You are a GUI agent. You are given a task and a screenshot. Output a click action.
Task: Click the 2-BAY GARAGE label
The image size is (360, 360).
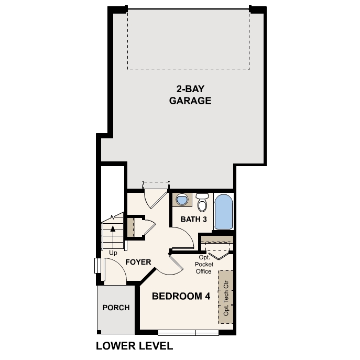pyautogui.click(x=190, y=94)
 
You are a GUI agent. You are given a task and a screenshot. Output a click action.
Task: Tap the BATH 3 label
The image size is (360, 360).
pyautogui.click(x=194, y=219)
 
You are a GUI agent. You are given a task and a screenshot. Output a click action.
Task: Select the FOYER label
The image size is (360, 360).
pyautogui.click(x=138, y=262)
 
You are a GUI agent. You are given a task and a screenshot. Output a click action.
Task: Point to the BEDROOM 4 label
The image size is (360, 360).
pyautogui.click(x=181, y=297)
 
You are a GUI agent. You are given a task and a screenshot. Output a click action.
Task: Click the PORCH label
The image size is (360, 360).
pyautogui.click(x=116, y=308)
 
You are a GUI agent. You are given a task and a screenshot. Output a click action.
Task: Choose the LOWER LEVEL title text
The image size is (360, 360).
pyautogui.click(x=135, y=346)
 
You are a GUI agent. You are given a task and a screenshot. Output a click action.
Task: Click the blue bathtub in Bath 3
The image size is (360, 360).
pyautogui.click(x=224, y=212)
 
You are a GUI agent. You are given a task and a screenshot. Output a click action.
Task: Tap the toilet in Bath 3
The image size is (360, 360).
pyautogui.click(x=202, y=202)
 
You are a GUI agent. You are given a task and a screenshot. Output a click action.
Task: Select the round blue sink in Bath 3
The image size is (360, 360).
pyautogui.click(x=182, y=200)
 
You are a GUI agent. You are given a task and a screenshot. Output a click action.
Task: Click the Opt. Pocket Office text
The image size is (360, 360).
pyautogui.click(x=204, y=264)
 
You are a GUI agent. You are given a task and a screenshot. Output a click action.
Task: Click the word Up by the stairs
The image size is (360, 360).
pyautogui.click(x=113, y=253)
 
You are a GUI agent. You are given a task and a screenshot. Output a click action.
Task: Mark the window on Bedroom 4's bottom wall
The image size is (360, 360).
pyautogui.click(x=188, y=333)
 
